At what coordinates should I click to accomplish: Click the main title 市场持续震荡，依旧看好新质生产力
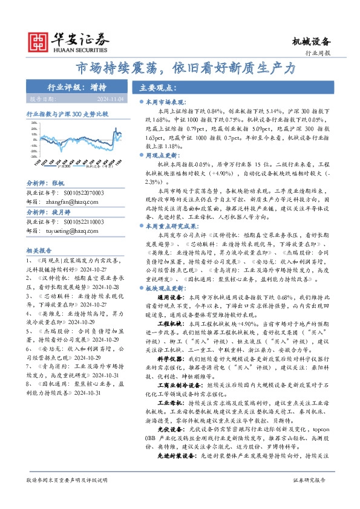point(185,68)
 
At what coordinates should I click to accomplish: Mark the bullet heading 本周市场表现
point(166,103)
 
